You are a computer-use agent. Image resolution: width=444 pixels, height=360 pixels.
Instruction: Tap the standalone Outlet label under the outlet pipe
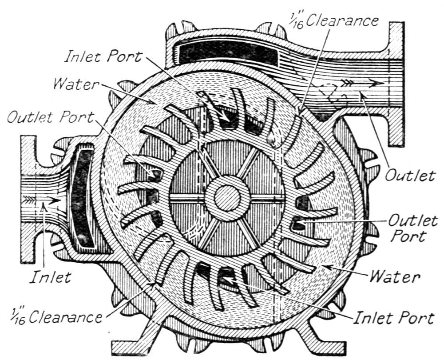click(x=409, y=175)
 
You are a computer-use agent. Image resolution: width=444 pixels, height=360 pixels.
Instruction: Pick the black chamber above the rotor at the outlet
click(x=228, y=53)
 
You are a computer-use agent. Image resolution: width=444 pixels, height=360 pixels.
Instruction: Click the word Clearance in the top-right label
click(x=341, y=21)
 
